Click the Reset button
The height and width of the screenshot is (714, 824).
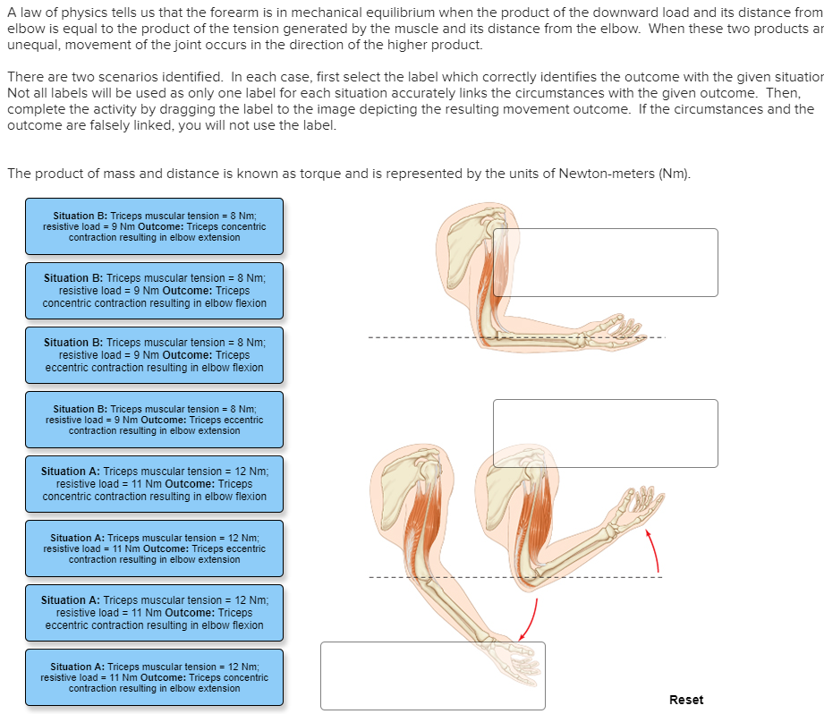(x=686, y=700)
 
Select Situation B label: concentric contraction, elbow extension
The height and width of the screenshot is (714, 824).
(x=154, y=226)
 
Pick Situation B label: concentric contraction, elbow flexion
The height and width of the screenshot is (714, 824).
(x=154, y=291)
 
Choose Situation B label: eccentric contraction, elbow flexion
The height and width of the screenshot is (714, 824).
(x=154, y=355)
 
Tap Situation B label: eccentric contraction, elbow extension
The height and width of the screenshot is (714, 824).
(x=154, y=420)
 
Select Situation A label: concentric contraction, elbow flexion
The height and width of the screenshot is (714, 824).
(x=154, y=484)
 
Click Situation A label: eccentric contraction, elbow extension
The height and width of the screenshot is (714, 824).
(x=154, y=548)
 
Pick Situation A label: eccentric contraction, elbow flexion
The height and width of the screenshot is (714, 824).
(x=154, y=613)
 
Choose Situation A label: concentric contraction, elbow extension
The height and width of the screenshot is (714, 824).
(x=154, y=677)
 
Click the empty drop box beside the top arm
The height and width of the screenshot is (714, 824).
(x=605, y=262)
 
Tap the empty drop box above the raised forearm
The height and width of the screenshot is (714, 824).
(x=605, y=433)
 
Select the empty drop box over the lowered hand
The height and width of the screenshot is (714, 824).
(x=432, y=676)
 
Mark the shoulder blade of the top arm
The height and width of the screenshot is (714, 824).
(x=459, y=237)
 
